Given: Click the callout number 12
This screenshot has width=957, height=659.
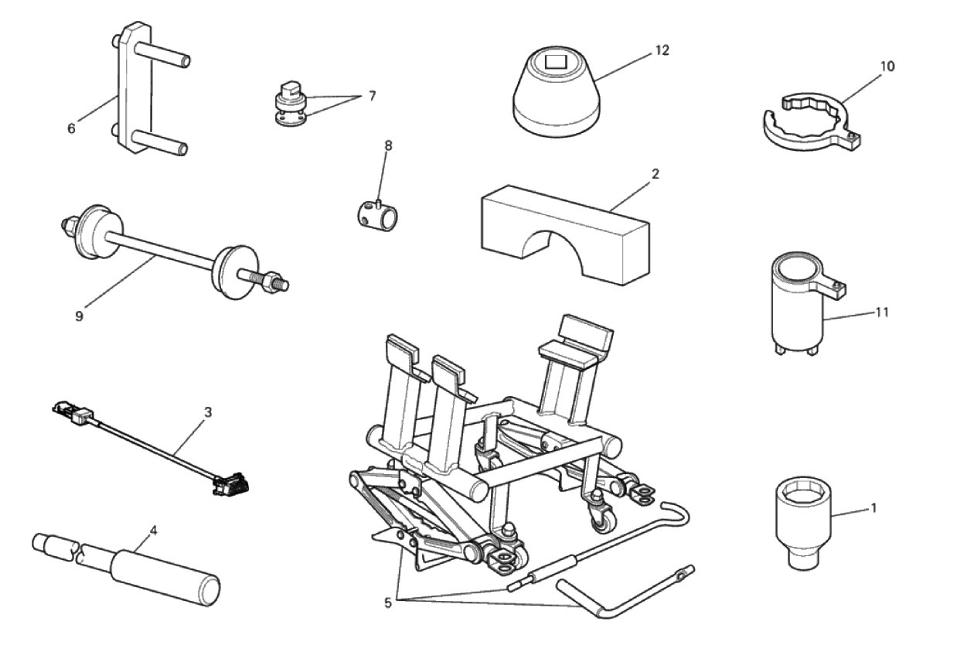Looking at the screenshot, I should click(x=661, y=50).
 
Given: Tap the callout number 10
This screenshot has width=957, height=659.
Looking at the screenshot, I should click(x=887, y=67).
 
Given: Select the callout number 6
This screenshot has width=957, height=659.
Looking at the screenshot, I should click(x=71, y=128).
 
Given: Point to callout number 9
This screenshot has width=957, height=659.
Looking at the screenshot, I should click(x=79, y=316).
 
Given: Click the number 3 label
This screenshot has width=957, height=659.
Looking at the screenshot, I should click(x=207, y=412).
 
